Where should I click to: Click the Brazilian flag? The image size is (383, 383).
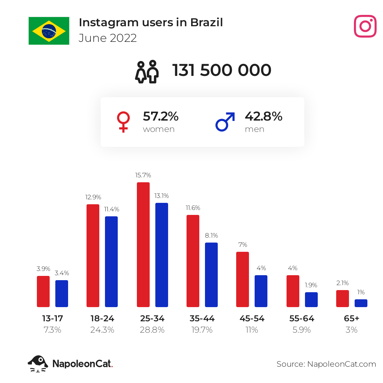pos(49,31)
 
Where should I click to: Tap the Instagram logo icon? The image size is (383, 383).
pos(365,26)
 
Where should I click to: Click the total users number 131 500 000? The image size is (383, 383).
pos(222,70)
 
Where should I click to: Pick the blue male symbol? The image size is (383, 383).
pos(225,122)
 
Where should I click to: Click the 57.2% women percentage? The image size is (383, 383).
pos(161,116)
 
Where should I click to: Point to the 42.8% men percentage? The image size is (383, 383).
pos(263,116)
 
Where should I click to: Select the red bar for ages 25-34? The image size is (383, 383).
pos(143,244)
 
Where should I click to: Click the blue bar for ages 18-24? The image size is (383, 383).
pos(111,262)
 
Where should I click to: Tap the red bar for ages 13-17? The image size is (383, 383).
pos(43,292)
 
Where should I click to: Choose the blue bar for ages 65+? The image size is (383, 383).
pos(361,303)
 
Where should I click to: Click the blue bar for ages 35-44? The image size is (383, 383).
pos(211,275)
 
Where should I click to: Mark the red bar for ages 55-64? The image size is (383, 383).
pos(293,291)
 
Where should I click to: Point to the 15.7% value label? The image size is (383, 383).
pos(143,175)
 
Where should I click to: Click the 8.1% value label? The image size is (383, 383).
pos(211,235)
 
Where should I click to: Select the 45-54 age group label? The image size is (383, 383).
pos(252,318)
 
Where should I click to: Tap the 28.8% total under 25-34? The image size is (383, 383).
pos(152,330)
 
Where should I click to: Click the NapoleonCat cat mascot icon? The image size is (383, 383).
pos(38,364)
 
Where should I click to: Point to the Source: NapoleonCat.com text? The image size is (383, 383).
pos(326,364)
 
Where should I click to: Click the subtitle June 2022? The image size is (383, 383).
pos(107,38)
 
